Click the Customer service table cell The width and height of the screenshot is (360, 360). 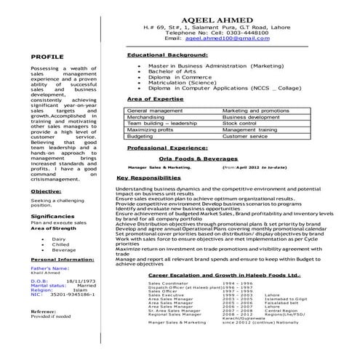click(x=245, y=136)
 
